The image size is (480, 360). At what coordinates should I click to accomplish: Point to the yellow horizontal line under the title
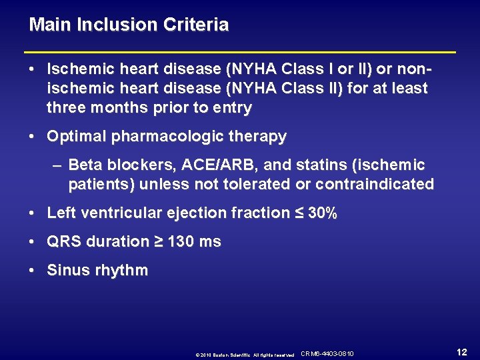coord(240,51)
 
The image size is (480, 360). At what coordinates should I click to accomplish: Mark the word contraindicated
coord(375,184)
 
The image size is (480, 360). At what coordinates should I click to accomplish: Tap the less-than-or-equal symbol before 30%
coord(299,213)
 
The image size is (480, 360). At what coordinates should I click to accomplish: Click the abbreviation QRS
coord(64,242)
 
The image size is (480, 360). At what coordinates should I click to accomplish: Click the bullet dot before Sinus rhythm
coord(33,271)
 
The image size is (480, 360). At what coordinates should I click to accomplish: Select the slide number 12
coord(461,352)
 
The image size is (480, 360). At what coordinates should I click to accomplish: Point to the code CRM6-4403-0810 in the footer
coord(327,353)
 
